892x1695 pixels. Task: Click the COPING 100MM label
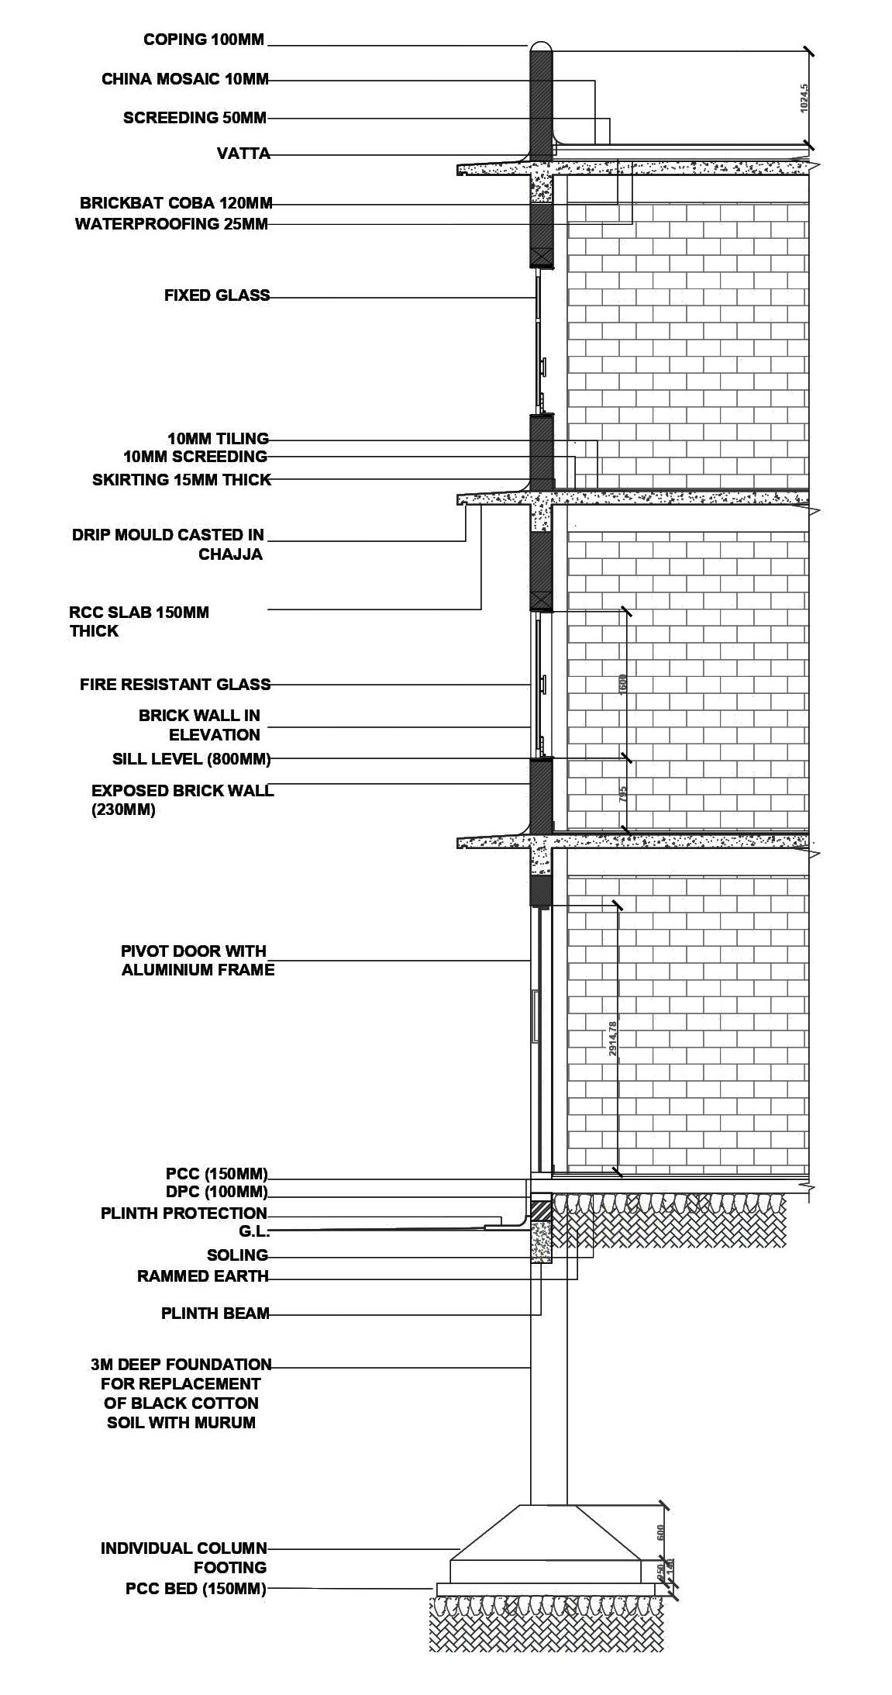tap(204, 40)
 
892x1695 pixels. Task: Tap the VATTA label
tap(243, 154)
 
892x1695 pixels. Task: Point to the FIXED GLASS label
tap(217, 295)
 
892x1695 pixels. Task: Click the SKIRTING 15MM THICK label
tap(181, 480)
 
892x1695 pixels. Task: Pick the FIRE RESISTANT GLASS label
tap(175, 685)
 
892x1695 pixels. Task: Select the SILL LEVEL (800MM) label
tap(191, 758)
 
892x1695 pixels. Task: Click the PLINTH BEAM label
tap(215, 1314)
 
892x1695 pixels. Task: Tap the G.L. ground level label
tap(253, 1231)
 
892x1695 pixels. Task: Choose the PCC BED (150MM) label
tap(195, 1589)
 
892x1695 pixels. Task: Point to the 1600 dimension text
tap(623, 684)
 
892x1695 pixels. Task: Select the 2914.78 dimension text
tap(612, 1038)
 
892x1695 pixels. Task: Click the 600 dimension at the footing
tap(660, 1532)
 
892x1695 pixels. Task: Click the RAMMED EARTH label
tap(202, 1276)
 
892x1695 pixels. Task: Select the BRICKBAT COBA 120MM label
tap(176, 204)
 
